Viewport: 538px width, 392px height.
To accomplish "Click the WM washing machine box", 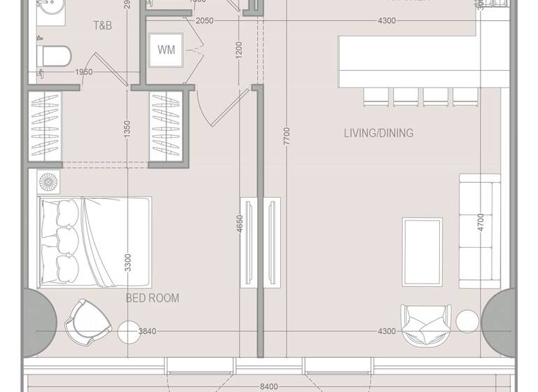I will point(166,50).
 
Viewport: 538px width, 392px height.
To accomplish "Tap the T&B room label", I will point(104,25).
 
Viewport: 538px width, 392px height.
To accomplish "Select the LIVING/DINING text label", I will point(378,133).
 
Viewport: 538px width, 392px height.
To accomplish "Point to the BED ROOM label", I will point(152,298).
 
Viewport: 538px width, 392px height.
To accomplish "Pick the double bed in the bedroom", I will point(94,241).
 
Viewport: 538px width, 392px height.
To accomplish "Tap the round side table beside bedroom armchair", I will point(130,331).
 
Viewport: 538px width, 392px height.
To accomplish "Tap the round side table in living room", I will point(467,321).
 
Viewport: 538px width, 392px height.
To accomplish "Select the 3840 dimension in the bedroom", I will point(148,331).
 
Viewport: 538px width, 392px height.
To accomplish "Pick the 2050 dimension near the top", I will point(204,21).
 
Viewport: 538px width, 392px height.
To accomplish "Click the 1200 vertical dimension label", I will point(239,50).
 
